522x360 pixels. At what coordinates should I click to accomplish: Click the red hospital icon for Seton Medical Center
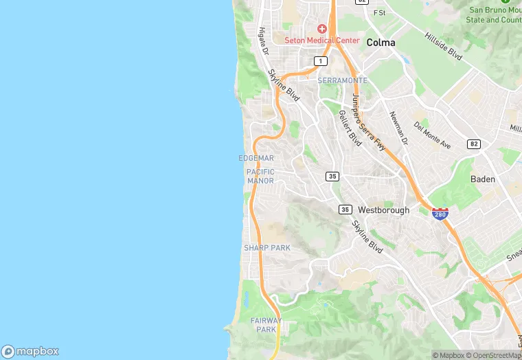[x=322, y=29]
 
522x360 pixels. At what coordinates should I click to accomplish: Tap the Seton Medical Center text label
[x=322, y=41]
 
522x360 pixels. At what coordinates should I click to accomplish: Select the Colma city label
[x=381, y=43]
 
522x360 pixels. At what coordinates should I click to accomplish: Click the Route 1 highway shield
[x=320, y=61]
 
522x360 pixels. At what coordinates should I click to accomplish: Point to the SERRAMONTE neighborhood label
[x=343, y=80]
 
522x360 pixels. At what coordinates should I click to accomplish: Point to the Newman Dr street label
[x=399, y=128]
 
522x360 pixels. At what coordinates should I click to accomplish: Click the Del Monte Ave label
[x=432, y=135]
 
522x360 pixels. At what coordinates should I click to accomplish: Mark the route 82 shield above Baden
[x=473, y=144]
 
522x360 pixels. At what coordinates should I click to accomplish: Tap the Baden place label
[x=483, y=179]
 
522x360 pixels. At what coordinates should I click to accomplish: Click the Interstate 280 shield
[x=440, y=214]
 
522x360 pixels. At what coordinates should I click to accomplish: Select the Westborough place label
[x=384, y=210]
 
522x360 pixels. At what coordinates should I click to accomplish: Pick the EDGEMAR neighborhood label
[x=256, y=158]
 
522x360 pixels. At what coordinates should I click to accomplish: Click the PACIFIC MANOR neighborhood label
[x=260, y=177]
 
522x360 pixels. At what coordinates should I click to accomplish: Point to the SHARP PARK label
[x=267, y=247]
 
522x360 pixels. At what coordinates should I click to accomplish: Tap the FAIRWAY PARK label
[x=266, y=325]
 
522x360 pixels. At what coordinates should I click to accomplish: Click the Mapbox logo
[x=30, y=351]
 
